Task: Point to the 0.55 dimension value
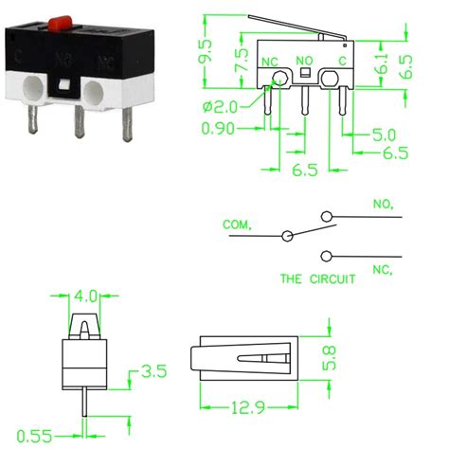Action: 33,434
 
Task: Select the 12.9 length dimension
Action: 244,408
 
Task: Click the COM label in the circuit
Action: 237,224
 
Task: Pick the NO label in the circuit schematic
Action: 383,203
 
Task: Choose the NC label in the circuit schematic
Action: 383,269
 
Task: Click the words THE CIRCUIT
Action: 317,279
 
